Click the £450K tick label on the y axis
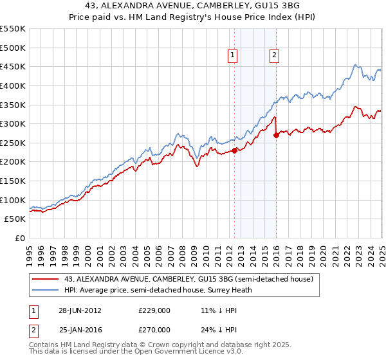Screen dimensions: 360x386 pyautogui.click(x=14, y=66)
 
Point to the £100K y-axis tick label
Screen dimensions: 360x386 pyautogui.click(x=14, y=200)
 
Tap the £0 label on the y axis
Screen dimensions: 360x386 pyautogui.click(x=19, y=238)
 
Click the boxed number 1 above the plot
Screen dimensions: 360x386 pyautogui.click(x=232, y=56)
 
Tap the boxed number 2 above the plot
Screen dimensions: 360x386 pyautogui.click(x=274, y=56)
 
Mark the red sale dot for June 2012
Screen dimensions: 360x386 pyautogui.click(x=235, y=150)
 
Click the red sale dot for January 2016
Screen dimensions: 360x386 pyautogui.click(x=277, y=135)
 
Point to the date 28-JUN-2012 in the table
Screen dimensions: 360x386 pyautogui.click(x=80, y=310)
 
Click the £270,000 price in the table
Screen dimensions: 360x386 pyautogui.click(x=154, y=329)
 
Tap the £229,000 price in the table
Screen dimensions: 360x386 pyautogui.click(x=154, y=310)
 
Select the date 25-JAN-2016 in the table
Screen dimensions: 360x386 pyautogui.click(x=80, y=329)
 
